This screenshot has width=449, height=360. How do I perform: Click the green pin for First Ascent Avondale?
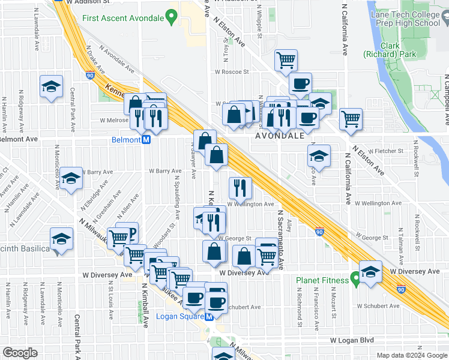pos(172,17)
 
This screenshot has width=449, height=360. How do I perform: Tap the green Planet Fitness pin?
pos(355,280)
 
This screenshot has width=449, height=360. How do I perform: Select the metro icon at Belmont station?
pos(145,140)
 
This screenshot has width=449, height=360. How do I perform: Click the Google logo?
pos(20,353)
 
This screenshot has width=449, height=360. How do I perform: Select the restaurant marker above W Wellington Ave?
pos(240,188)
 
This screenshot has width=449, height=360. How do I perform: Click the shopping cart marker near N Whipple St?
pos(286,59)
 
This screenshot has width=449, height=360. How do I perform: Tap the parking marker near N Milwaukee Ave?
pos(127,232)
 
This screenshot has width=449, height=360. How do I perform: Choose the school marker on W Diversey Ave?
pos(371,271)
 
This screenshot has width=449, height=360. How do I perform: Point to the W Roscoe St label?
pos(233,72)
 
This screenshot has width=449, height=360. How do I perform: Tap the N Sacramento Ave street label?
pos(280,240)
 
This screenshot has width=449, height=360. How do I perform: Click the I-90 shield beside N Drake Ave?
pos(90,76)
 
